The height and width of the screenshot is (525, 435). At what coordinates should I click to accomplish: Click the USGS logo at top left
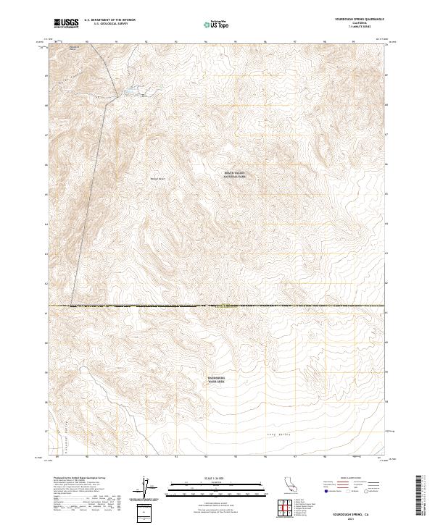[x=67, y=23]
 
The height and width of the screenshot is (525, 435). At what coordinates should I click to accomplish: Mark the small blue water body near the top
[x=133, y=91]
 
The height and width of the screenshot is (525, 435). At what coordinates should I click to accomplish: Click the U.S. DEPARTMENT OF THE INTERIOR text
[x=109, y=20]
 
